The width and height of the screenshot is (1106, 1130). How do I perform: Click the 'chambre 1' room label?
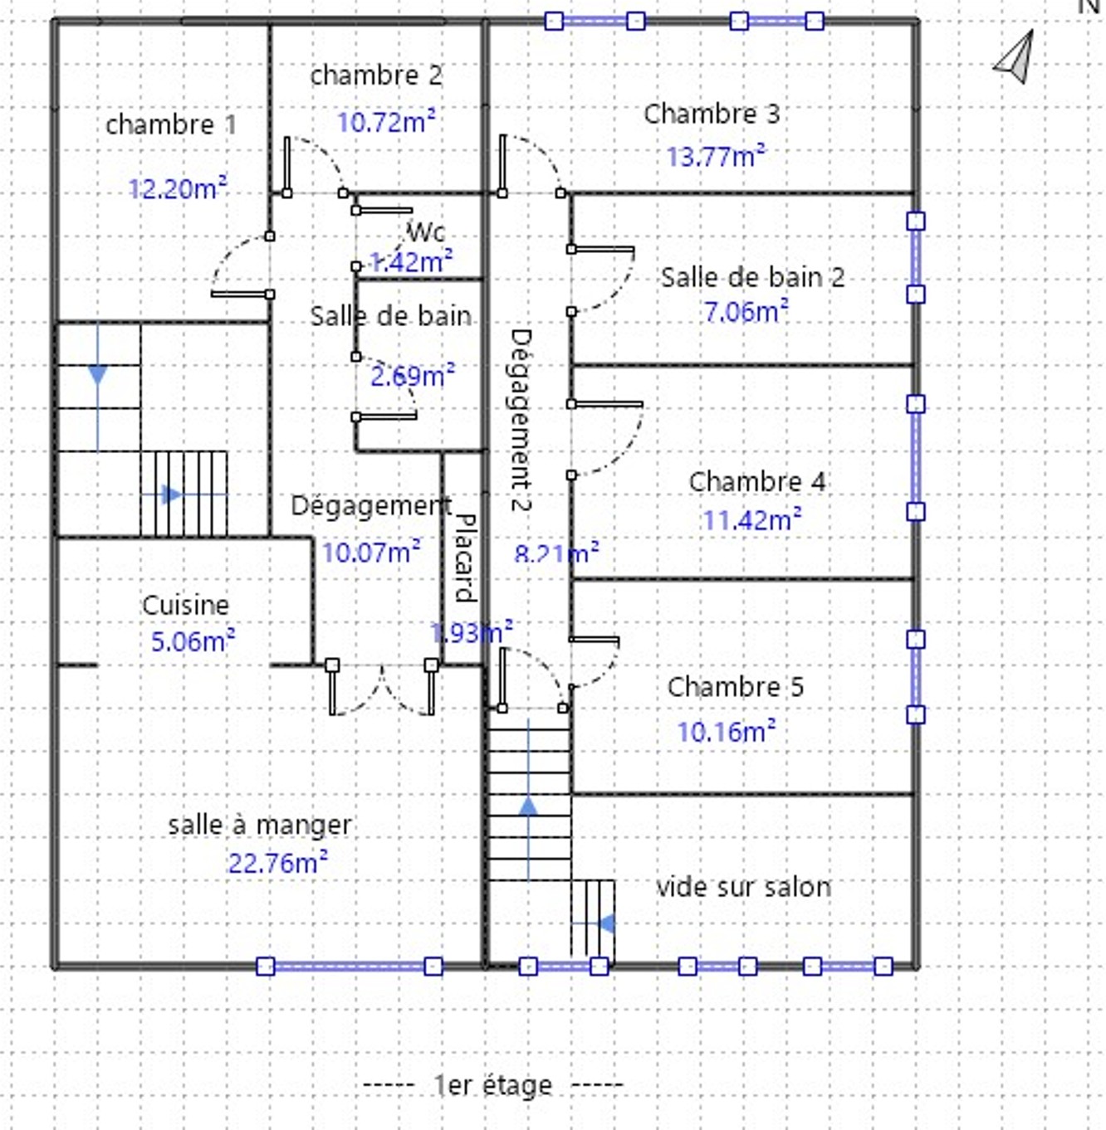click(x=171, y=125)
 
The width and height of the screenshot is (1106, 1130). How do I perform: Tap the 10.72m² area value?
click(x=386, y=123)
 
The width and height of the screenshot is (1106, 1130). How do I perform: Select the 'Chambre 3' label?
click(x=712, y=114)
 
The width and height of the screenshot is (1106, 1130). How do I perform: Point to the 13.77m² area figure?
click(x=716, y=156)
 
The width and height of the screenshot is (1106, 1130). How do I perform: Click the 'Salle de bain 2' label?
click(x=752, y=277)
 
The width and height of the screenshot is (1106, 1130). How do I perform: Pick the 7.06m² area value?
click(x=746, y=312)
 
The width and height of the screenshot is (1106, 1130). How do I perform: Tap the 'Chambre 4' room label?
click(x=756, y=481)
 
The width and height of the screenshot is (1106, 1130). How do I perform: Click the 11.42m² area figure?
click(x=751, y=520)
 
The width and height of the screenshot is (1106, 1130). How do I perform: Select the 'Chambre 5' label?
click(x=735, y=687)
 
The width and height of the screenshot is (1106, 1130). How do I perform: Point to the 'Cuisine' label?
click(x=185, y=605)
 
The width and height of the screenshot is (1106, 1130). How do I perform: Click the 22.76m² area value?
click(x=277, y=863)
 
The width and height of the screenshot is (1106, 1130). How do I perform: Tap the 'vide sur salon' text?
click(x=743, y=887)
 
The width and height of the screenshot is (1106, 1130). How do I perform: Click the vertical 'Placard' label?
click(x=465, y=557)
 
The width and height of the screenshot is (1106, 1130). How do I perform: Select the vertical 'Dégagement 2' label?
click(x=521, y=420)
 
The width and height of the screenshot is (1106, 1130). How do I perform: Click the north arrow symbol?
click(x=1015, y=58)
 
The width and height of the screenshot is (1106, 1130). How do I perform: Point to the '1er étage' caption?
click(x=493, y=1084)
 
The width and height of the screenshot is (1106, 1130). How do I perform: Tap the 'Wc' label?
click(x=426, y=231)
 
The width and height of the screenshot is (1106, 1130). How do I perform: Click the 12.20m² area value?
click(x=178, y=189)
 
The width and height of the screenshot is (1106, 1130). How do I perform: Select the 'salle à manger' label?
click(x=260, y=825)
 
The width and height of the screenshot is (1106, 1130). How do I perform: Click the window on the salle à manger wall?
click(x=349, y=966)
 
